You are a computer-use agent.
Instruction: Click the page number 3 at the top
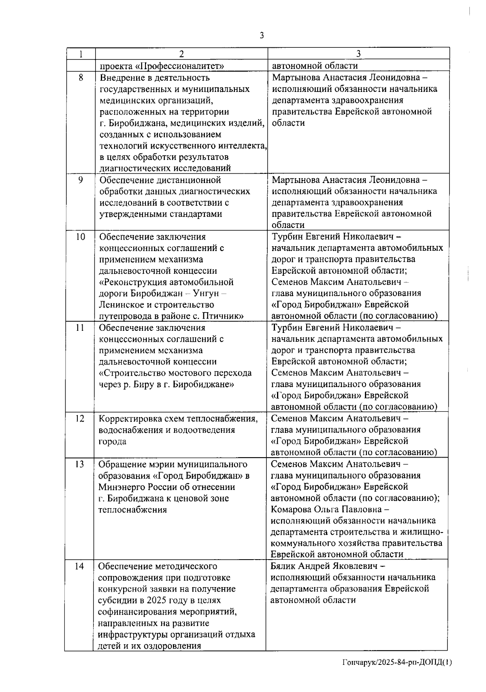pos(262,35)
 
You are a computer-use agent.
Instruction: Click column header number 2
pos(181,54)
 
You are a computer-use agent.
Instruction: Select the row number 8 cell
pos(81,77)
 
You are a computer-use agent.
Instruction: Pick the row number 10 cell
pos(81,237)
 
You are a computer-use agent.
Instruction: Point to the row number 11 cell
pos(80,328)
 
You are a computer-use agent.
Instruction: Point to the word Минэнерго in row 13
pos(119,487)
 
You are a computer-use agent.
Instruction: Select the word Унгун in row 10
pos(207,294)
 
